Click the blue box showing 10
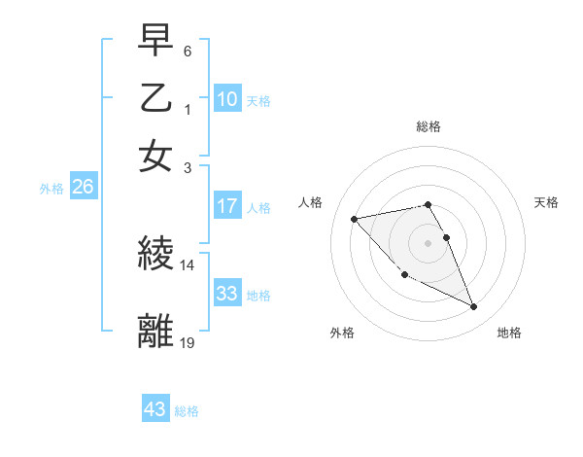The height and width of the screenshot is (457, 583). (x=227, y=98)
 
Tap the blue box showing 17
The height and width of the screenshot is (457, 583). (x=227, y=206)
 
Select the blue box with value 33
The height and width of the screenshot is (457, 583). (x=227, y=294)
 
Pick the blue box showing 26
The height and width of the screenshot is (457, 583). (x=83, y=188)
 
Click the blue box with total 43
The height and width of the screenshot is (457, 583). (x=154, y=409)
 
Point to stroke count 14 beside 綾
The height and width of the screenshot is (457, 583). (x=188, y=264)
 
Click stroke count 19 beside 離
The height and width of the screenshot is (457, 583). (x=188, y=342)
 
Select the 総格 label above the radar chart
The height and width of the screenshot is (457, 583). (x=429, y=125)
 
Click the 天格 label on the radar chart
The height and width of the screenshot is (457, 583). (x=547, y=202)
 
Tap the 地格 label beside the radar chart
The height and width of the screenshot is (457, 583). (x=509, y=334)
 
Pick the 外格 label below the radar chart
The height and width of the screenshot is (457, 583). (x=342, y=334)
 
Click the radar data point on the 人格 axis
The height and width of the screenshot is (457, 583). (x=354, y=219)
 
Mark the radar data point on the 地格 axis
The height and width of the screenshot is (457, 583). (x=474, y=307)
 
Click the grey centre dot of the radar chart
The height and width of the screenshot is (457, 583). (x=429, y=243)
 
